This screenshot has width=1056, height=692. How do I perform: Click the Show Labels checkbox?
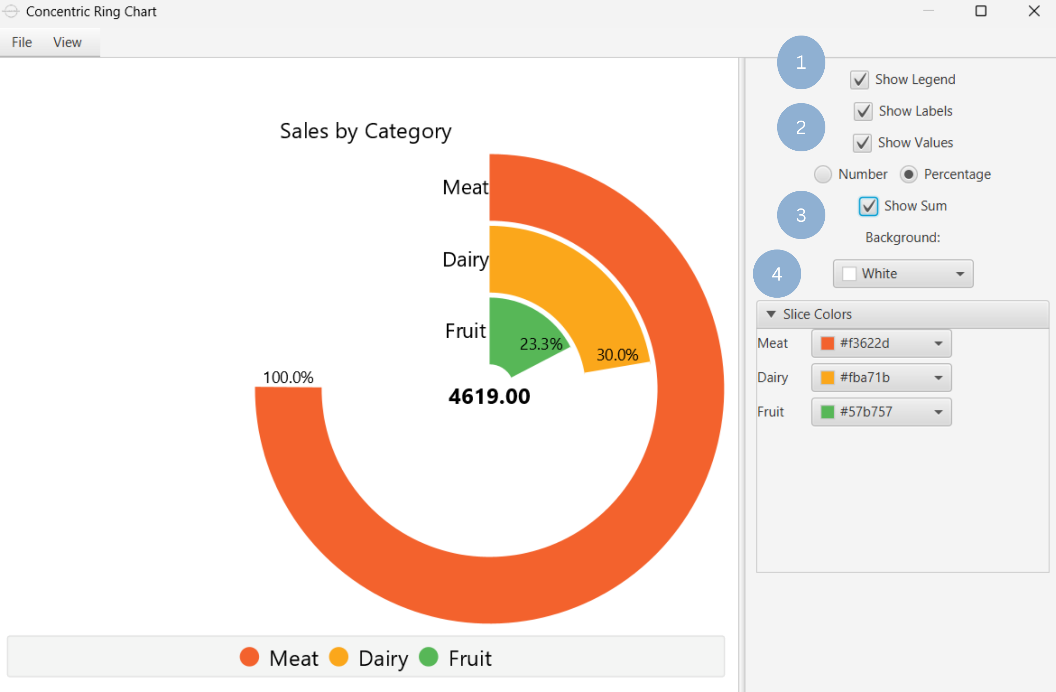tap(863, 111)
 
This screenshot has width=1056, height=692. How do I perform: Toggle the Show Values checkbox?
tap(862, 143)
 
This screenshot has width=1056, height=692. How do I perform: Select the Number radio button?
tap(823, 174)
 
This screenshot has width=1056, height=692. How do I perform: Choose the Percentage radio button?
tap(908, 174)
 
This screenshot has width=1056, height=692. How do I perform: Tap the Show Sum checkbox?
tap(868, 206)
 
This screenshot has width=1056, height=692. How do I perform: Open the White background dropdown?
tap(903, 274)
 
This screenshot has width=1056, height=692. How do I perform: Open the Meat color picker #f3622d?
tap(881, 343)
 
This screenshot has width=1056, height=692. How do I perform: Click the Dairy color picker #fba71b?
tap(881, 378)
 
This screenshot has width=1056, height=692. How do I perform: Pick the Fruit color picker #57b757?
tap(881, 412)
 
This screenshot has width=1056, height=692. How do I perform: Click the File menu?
tap(22, 42)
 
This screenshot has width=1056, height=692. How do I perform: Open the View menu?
tap(67, 42)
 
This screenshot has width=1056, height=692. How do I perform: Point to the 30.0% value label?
tap(617, 355)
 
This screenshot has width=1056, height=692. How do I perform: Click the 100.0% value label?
tap(288, 377)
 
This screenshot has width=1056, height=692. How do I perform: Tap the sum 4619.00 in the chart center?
tap(489, 396)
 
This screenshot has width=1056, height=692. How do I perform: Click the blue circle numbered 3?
tap(801, 215)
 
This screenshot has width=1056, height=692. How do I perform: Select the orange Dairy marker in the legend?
tap(339, 657)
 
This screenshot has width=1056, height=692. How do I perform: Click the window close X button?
tap(1034, 11)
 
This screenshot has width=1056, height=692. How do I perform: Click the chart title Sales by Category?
tap(365, 131)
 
